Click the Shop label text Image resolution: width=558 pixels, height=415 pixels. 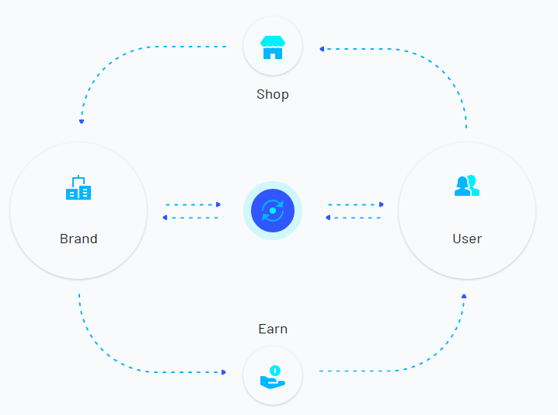pos(273,95)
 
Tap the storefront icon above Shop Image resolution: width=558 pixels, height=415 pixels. pos(273,47)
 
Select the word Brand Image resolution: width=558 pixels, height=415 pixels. pos(78,239)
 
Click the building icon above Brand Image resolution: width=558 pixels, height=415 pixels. pos(78,187)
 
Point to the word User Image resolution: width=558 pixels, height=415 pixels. pos(467,239)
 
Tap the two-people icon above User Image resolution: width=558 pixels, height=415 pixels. pos(467,186)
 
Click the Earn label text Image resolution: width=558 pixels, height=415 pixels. pos(273,330)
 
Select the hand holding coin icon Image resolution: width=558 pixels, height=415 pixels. pos(273,377)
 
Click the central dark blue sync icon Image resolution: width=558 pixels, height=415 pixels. pos(273,211)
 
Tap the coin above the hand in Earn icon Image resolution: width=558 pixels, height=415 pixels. pos(275,371)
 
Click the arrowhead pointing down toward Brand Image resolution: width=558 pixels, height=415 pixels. pos(82,121)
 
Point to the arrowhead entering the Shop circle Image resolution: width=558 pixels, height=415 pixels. pos(322,49)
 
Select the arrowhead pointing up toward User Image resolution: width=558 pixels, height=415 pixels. pos(464,296)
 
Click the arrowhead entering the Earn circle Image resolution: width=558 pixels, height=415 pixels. pos(224,372)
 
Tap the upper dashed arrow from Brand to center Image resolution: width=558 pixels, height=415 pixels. pos(194,204)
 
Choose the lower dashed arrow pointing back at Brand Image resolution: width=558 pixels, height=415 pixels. pos(190,218)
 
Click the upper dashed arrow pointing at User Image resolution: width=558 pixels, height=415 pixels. pos(356,204)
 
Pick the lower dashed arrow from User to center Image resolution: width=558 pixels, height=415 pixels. pos(353,218)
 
